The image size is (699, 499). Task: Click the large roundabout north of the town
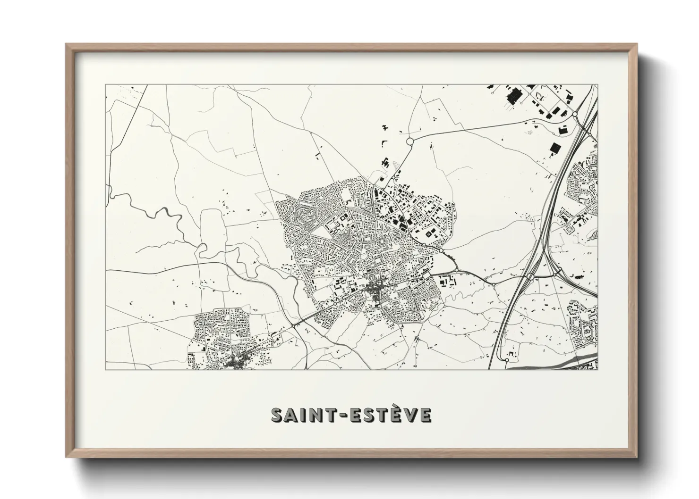409,141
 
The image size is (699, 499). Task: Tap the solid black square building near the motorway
554,148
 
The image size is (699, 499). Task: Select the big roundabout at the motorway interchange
530,277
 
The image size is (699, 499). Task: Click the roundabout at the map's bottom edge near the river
506,360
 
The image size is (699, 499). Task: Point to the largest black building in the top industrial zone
513,96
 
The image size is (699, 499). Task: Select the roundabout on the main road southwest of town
294,325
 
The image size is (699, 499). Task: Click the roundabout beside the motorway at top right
575,114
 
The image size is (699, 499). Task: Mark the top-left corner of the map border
105,85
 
